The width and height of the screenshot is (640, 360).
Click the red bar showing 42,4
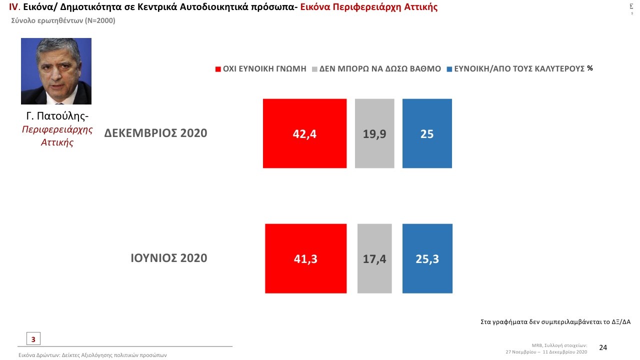tap(304, 133)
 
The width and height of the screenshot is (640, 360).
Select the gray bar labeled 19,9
tap(374, 133)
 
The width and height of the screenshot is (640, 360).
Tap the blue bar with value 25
tap(427, 133)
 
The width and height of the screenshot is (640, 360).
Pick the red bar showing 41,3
tap(305, 258)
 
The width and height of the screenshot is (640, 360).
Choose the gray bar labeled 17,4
tap(374, 258)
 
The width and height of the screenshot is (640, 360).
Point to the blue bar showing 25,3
tap(427, 258)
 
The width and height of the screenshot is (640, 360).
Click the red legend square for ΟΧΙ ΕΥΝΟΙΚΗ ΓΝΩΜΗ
tap(218, 69)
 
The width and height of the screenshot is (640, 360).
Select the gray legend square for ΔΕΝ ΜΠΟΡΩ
tap(314, 69)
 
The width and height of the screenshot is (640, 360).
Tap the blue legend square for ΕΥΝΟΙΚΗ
tap(449, 69)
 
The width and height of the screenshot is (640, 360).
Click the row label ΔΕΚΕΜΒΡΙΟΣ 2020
tap(155, 133)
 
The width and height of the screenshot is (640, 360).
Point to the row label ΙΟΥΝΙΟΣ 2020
tap(168, 258)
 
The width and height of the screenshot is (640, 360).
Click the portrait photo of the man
tap(56, 71)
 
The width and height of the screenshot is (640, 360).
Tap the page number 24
tap(603, 347)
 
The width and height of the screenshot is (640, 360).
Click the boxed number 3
tap(33, 339)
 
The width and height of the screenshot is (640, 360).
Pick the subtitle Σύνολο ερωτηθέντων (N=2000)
tap(63, 20)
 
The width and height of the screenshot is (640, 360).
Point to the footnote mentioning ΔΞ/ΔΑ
tap(555, 322)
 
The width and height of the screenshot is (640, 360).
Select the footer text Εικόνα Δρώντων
tap(92, 355)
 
